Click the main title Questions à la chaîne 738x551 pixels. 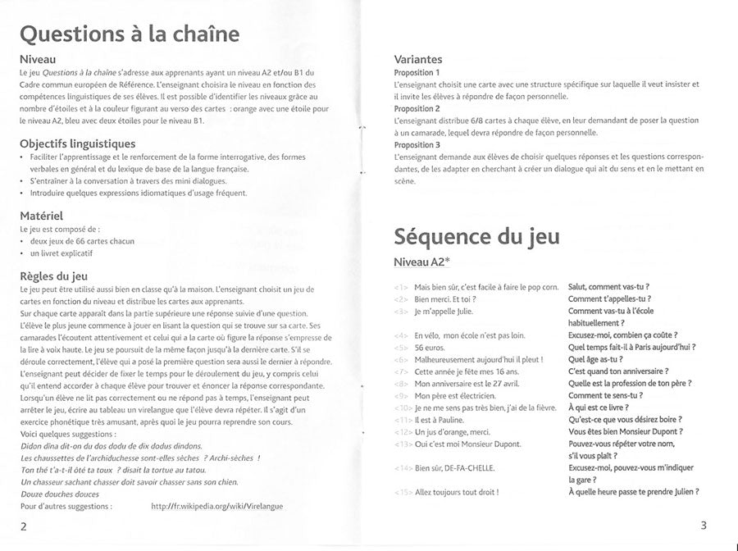[129, 34]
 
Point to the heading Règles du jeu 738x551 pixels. [53, 276]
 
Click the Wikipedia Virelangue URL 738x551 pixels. [217, 507]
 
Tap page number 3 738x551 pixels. [704, 525]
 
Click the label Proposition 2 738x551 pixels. [417, 108]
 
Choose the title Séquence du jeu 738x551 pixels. [477, 236]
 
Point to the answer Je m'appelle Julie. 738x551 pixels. [444, 312]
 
